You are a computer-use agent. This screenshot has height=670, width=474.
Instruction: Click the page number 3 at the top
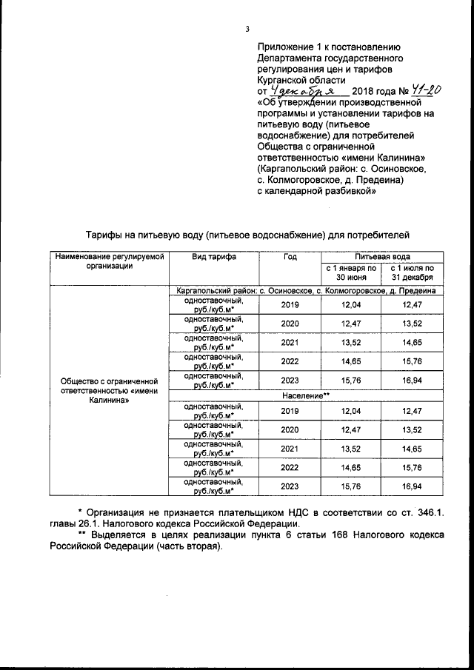(247, 29)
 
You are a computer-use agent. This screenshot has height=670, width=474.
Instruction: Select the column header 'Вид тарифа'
(214, 257)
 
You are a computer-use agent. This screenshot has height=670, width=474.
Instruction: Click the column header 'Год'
(290, 257)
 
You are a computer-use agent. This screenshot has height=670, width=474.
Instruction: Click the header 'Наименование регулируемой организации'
(108, 261)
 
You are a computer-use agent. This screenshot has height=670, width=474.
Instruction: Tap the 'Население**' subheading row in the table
(305, 396)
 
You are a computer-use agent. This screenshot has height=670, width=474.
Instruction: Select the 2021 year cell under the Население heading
(290, 448)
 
